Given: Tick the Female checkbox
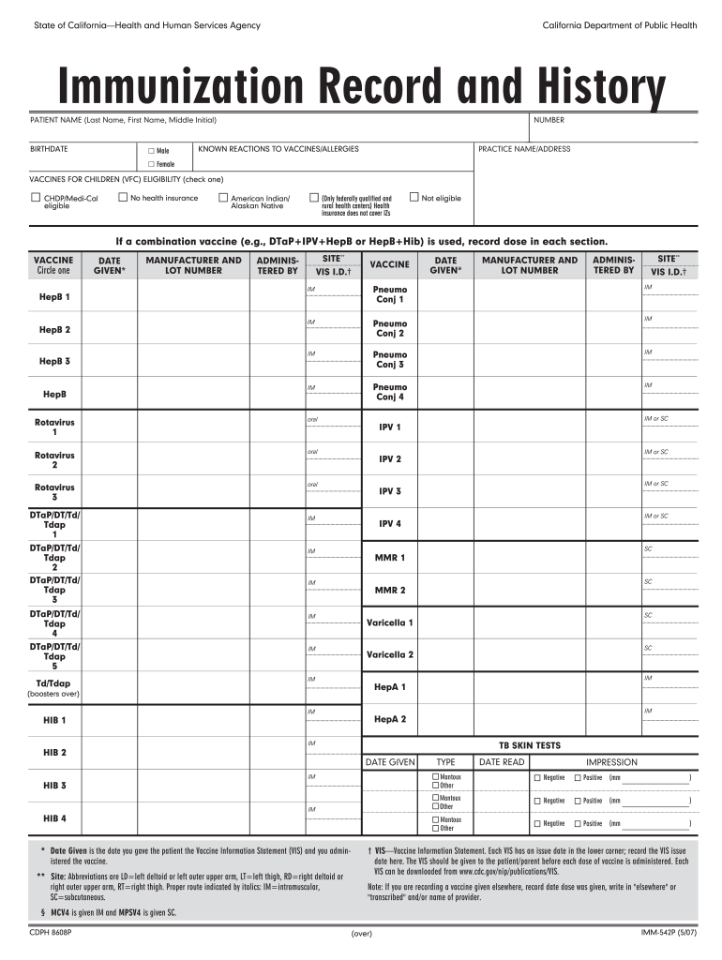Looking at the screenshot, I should (x=151, y=164).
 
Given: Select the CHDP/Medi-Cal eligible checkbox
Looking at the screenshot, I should (x=35, y=198).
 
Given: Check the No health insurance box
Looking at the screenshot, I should (x=122, y=198).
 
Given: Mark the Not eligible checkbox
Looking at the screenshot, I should (x=414, y=198).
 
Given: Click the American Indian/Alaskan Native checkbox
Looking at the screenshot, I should (x=222, y=198).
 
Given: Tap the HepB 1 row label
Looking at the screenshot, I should (x=54, y=297).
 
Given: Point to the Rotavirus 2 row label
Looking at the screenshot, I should (x=54, y=459).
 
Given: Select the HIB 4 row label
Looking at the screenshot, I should (x=54, y=818).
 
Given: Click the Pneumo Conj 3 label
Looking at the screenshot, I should (x=390, y=359).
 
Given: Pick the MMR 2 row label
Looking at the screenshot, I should (x=390, y=591).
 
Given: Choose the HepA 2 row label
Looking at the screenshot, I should (x=390, y=719).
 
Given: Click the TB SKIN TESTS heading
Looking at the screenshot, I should (x=530, y=745).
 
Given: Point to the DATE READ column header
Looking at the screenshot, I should (x=502, y=762).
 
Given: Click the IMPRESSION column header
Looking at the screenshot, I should (x=611, y=762).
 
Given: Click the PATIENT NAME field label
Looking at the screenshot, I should (x=122, y=121).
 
